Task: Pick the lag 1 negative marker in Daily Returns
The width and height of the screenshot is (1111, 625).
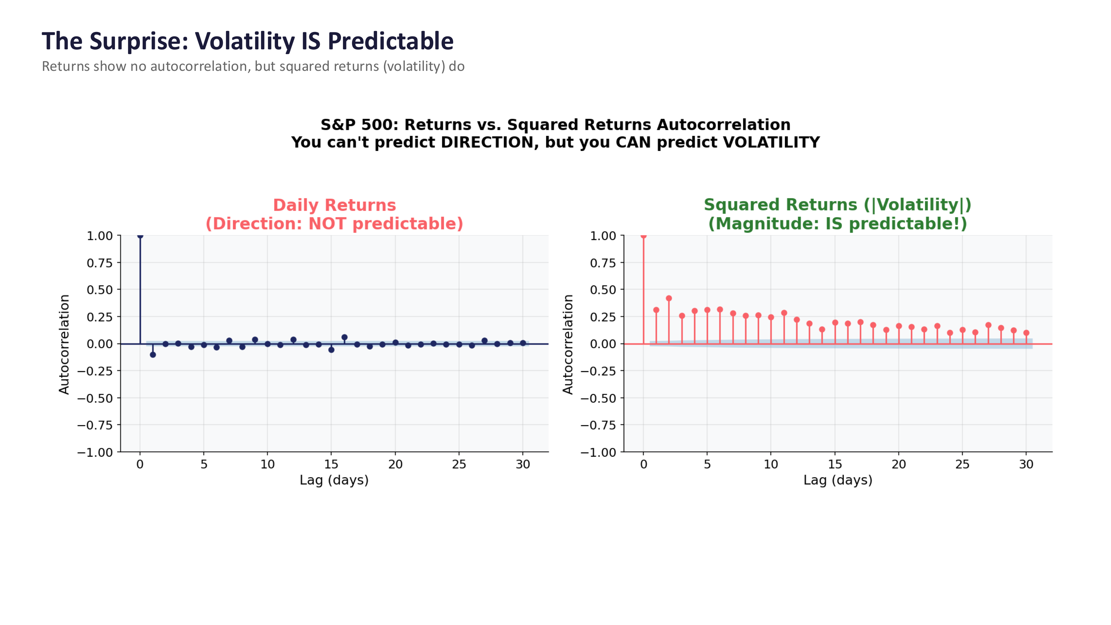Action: pyautogui.click(x=153, y=355)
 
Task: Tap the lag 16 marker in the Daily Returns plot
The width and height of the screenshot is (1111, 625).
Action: pyautogui.click(x=344, y=337)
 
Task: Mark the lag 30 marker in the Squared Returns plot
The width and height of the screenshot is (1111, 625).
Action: pyautogui.click(x=1026, y=333)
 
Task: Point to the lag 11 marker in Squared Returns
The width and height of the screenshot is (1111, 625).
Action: pyautogui.click(x=784, y=313)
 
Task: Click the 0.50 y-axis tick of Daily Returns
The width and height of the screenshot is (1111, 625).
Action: pyautogui.click(x=100, y=290)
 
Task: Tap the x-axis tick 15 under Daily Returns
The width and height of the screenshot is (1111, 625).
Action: pyautogui.click(x=331, y=465)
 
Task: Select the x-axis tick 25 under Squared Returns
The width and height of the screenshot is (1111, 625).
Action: pyautogui.click(x=962, y=465)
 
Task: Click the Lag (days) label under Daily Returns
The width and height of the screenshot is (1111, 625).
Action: pyautogui.click(x=334, y=480)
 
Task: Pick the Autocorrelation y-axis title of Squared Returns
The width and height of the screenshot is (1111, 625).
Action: pyautogui.click(x=568, y=344)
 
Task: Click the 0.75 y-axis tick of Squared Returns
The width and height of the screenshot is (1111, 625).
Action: pyautogui.click(x=603, y=263)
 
